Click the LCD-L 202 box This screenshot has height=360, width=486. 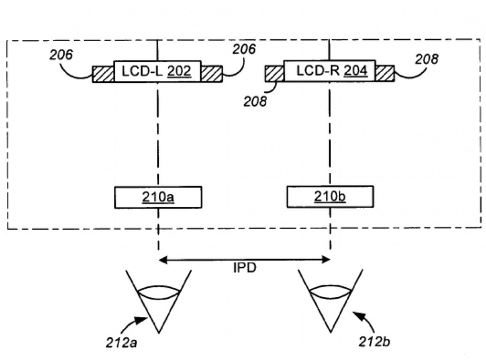pyautogui.click(x=157, y=72)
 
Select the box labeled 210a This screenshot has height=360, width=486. pyautogui.click(x=158, y=197)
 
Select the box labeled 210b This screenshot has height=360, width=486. pyautogui.click(x=330, y=197)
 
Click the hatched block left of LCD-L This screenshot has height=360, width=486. pyautogui.click(x=103, y=74)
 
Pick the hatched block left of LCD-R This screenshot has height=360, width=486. pyautogui.click(x=274, y=73)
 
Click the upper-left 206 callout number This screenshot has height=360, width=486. pyautogui.click(x=61, y=55)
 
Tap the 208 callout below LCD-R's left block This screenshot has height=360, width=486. pyautogui.click(x=254, y=101)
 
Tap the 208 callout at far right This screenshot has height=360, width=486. pyautogui.click(x=426, y=59)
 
